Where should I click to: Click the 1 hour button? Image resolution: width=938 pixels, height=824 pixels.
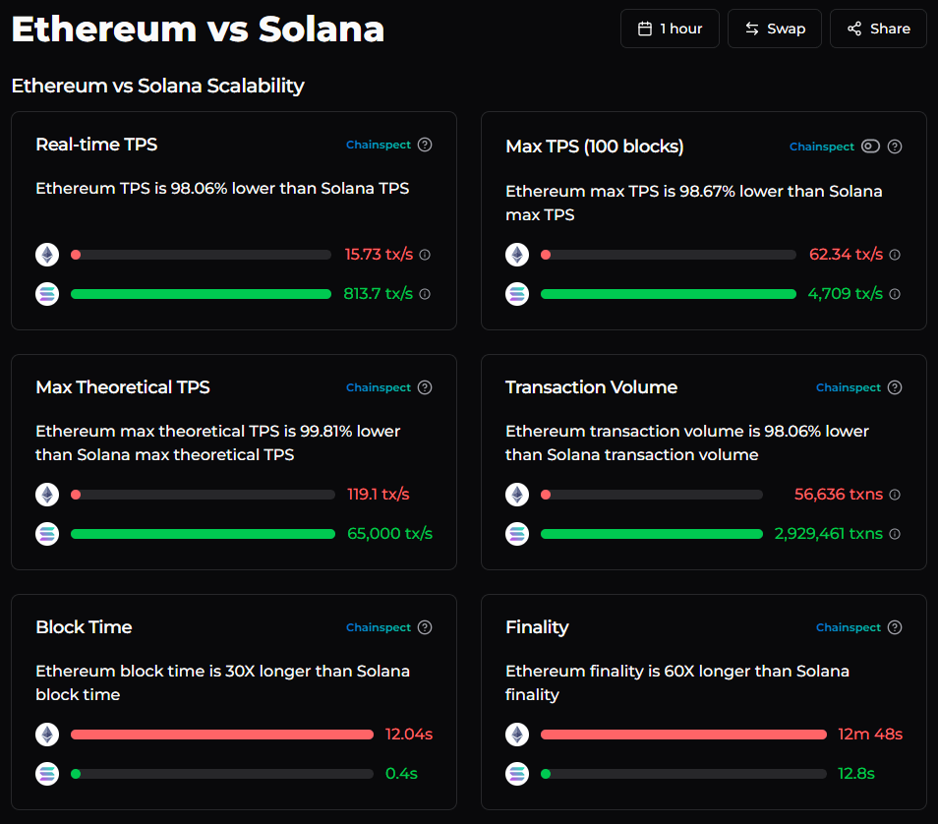[670, 29]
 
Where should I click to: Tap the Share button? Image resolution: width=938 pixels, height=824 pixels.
[878, 29]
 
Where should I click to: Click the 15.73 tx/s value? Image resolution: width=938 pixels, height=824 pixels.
[379, 254]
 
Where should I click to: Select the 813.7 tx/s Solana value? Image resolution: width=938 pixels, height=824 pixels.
[379, 293]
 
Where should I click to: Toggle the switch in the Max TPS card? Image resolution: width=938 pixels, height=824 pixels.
[870, 147]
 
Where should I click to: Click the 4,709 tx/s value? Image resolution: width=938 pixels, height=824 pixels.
[846, 293]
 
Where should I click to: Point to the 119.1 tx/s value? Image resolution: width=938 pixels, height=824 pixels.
[379, 494]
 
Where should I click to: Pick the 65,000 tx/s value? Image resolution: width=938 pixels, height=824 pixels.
[389, 533]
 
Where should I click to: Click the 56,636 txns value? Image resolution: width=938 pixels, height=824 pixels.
[839, 494]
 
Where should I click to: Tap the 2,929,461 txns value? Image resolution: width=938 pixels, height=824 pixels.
[829, 533]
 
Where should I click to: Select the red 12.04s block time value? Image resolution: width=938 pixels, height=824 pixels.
[409, 734]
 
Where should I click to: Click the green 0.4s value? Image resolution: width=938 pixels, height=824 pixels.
[401, 773]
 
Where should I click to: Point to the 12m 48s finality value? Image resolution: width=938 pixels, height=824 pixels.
[870, 734]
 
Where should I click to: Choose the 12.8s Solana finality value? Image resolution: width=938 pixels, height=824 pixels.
[856, 773]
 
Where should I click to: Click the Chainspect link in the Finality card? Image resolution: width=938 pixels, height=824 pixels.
[849, 627]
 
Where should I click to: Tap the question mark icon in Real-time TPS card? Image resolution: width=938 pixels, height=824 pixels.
[425, 145]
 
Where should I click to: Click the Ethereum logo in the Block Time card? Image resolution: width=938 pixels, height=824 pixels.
[47, 735]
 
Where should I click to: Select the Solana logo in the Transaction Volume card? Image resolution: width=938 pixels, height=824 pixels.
[517, 534]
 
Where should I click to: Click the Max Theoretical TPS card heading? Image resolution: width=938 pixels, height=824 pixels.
[123, 387]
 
